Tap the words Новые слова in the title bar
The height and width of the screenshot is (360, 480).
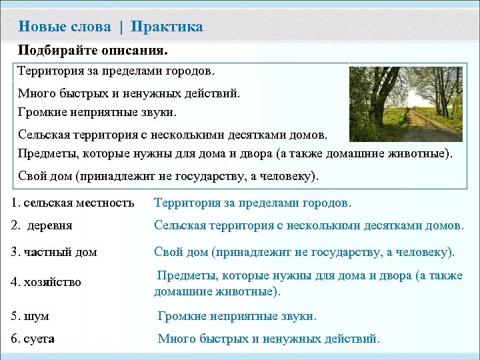point(65,27)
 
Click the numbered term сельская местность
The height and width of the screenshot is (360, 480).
point(73,202)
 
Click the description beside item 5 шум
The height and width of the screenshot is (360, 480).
point(237,316)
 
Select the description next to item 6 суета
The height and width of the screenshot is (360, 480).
point(269,339)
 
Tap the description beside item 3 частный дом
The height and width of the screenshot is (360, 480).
point(305,252)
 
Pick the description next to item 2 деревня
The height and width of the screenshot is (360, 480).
point(309,225)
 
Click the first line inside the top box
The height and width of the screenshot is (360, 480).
point(116,70)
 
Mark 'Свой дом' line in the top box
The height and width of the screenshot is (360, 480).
point(167,177)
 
